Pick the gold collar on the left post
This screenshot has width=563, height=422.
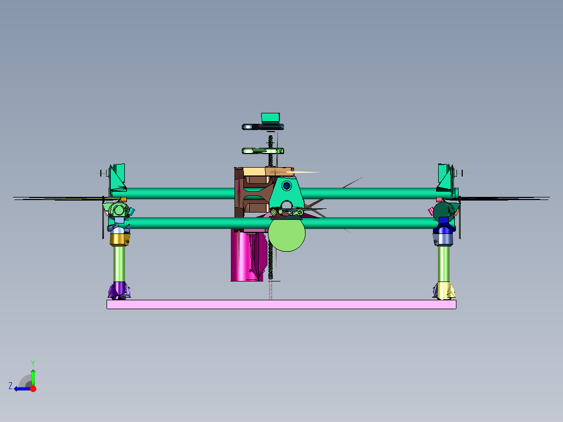(120, 240)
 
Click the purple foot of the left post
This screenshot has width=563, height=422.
(120, 289)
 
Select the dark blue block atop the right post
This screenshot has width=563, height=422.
(444, 221)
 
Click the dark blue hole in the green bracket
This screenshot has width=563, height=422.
(286, 185)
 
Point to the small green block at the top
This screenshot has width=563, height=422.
(271, 118)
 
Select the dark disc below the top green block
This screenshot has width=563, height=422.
(262, 127)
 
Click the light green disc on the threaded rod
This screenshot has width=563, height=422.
(263, 151)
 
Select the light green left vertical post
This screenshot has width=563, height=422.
(120, 264)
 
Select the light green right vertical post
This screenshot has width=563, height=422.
(444, 264)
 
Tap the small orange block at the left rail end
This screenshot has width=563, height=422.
(124, 200)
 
